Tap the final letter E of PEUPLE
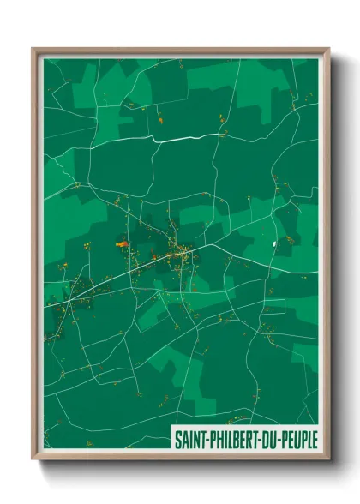(x=314, y=438)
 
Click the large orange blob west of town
(x=122, y=243)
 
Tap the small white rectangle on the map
(x=275, y=245)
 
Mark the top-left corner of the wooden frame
(x=33, y=49)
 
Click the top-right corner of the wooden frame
(x=328, y=49)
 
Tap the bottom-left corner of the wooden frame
(x=33, y=461)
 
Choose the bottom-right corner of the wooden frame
(x=328, y=461)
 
